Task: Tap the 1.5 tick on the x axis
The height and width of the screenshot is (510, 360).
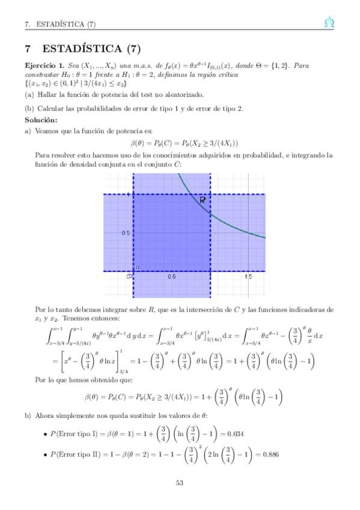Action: tap(248, 277)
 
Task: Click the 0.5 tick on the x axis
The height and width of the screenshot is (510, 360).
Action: tap(171, 277)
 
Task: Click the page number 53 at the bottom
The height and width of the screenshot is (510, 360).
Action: tap(180, 483)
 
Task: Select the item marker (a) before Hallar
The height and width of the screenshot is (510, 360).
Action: tap(29, 95)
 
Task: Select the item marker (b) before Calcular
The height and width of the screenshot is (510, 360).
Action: tap(29, 108)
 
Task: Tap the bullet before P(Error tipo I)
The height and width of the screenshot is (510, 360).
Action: tap(46, 434)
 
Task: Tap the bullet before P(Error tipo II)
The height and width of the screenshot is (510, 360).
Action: tap(46, 455)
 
